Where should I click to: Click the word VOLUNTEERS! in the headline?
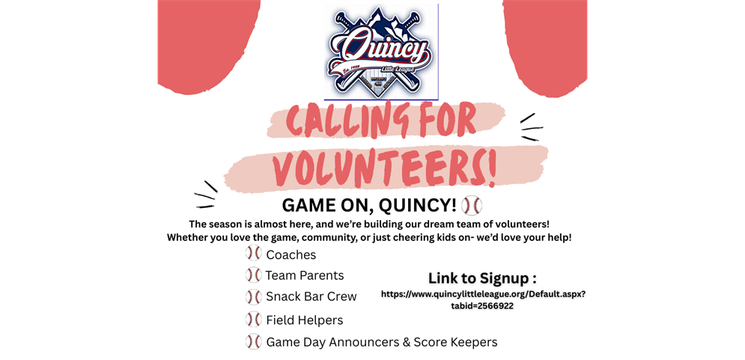click(x=384, y=170)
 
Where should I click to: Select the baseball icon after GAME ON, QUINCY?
click(x=472, y=206)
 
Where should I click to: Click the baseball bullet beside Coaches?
click(x=253, y=254)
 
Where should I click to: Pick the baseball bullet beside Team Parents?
click(x=253, y=275)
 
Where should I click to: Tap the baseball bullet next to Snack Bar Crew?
click(x=253, y=296)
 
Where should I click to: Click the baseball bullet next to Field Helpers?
click(x=253, y=320)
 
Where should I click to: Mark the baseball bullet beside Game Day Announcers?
click(x=253, y=342)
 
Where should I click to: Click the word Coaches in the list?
click(x=291, y=255)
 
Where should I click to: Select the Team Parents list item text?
click(x=305, y=275)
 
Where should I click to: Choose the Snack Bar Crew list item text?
click(x=311, y=296)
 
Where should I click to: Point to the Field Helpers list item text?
click(x=305, y=320)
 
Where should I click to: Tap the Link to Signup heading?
click(x=482, y=278)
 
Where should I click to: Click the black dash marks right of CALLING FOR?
click(x=531, y=128)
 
